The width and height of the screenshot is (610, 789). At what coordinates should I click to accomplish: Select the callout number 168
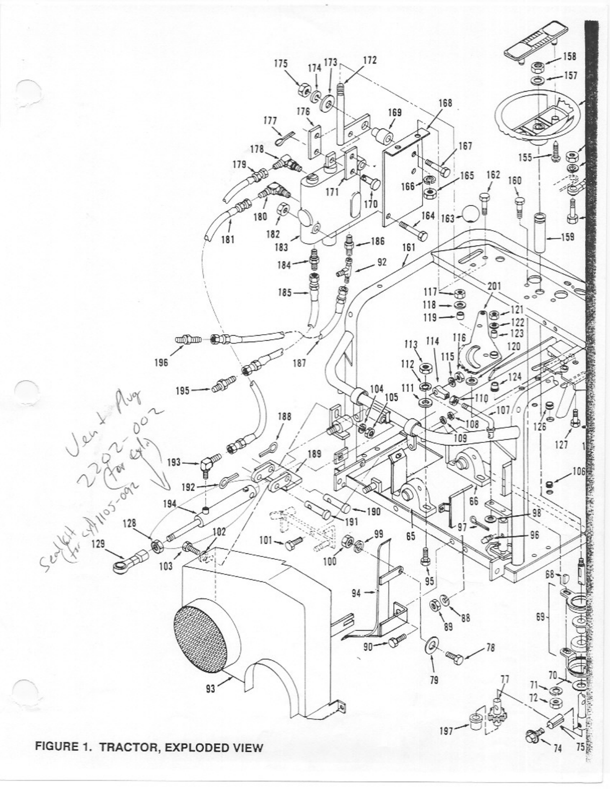pyautogui.click(x=445, y=103)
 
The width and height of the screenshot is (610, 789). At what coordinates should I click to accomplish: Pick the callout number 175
pyautogui.click(x=281, y=64)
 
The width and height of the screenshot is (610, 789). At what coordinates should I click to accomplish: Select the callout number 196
pyautogui.click(x=161, y=363)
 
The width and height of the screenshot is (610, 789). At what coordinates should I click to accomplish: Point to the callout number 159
pyautogui.click(x=568, y=237)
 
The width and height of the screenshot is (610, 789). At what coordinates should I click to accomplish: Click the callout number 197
pyautogui.click(x=447, y=731)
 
